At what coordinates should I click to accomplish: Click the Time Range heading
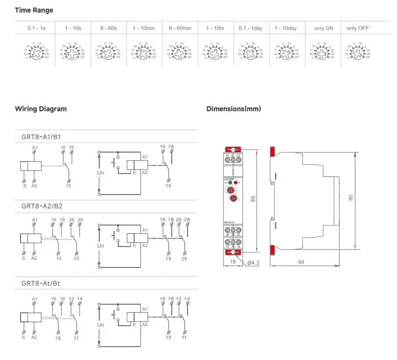coord(34,10)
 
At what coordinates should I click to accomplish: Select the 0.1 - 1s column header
coord(37,28)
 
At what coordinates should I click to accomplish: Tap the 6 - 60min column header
coord(180,28)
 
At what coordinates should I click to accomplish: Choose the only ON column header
coord(324,28)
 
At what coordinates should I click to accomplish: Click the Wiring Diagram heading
coord(41,109)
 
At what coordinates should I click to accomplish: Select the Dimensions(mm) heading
coord(233,109)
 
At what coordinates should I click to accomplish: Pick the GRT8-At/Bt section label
coord(41,283)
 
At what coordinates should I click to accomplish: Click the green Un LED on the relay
coord(230,183)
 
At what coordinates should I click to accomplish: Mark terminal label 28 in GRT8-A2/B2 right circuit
coord(187,219)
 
